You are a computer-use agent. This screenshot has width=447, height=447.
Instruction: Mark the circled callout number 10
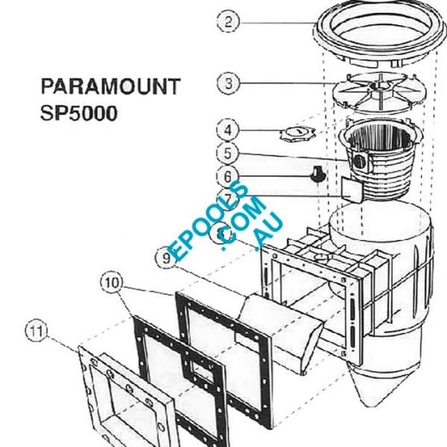[111, 283]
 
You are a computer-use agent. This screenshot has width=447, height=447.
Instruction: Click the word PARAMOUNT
[109, 86]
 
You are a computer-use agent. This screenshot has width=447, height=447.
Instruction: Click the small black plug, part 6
[316, 175]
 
